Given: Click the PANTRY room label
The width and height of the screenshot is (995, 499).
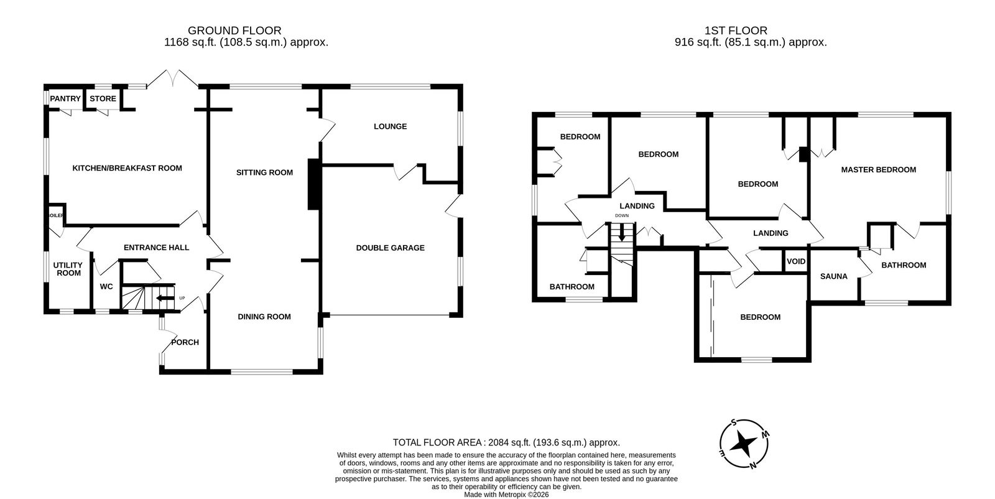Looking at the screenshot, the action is (65, 99).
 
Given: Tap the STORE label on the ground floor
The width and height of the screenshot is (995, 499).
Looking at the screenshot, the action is (103, 99).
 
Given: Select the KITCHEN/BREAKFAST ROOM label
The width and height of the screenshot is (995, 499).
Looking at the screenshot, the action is (127, 168).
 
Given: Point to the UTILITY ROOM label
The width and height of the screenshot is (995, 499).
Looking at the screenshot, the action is (68, 269).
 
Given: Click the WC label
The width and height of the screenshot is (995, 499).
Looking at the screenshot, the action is (106, 287).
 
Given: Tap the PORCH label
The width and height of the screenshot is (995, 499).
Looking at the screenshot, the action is (185, 342).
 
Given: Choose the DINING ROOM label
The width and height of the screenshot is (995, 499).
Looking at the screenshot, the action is (264, 316).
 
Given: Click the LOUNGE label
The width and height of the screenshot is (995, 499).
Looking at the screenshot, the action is (390, 126).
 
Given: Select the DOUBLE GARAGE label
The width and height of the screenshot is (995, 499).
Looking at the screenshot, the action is (390, 248).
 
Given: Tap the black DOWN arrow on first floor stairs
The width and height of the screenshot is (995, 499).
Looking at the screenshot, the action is (622, 232).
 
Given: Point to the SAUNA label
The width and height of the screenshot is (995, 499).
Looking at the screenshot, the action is (834, 276).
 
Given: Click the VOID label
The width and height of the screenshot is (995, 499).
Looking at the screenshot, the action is (796, 261).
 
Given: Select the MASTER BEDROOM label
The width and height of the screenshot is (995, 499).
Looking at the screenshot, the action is (879, 169).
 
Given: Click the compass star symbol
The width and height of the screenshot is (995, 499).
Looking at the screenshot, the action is (744, 444).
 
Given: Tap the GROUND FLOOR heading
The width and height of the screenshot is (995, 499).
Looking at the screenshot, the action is (234, 30).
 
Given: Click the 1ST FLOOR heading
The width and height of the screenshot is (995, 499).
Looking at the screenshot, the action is (736, 30).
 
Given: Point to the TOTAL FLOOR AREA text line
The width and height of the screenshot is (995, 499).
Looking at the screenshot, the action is (506, 442).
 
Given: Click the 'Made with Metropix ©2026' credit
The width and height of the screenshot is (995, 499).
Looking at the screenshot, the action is (506, 495).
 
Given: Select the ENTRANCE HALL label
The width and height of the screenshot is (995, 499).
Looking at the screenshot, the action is (156, 248).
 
